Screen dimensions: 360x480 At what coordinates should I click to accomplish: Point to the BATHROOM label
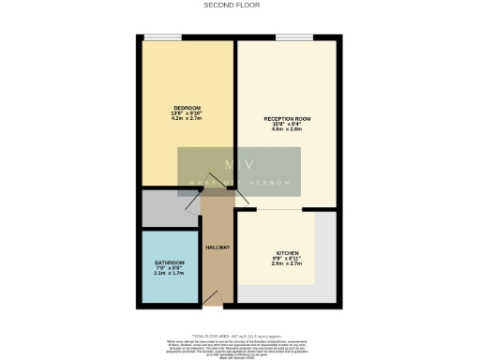point(170,262)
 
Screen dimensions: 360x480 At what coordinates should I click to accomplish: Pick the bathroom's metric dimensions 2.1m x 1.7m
point(170,274)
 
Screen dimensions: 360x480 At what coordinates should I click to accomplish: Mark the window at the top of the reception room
point(293,37)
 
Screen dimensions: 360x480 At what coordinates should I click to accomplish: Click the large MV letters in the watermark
point(240,166)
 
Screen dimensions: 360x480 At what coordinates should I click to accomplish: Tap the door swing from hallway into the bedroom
point(195,199)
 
